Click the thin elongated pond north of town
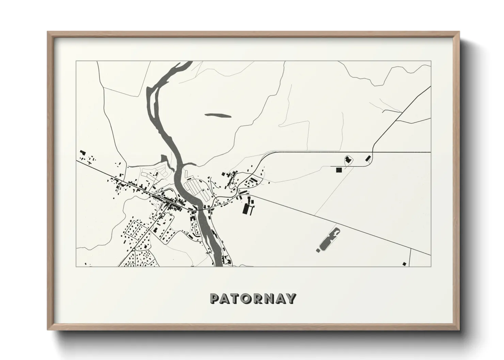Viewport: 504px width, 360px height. pos(218,116)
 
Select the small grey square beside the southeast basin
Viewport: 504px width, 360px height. pos(318,250)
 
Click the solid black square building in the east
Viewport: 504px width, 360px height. pos(338,170)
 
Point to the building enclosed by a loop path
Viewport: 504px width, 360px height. pos(348,159)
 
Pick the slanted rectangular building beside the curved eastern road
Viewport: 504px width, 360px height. pos(368,158)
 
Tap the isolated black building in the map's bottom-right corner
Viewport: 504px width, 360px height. pos(404,263)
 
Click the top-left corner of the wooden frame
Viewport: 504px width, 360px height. pos(48,32)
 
